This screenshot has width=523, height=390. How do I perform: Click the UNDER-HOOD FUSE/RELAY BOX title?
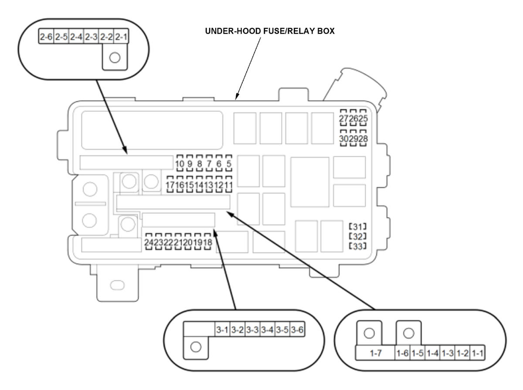pyautogui.click(x=269, y=31)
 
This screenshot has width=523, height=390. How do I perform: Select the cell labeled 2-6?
pyautogui.click(x=46, y=37)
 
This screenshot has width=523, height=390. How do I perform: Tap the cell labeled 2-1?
pyautogui.click(x=121, y=37)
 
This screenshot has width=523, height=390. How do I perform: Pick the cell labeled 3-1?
pyautogui.click(x=222, y=329)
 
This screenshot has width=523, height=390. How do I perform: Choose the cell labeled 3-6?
pyautogui.click(x=297, y=329)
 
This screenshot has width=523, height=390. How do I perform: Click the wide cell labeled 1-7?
pyautogui.click(x=375, y=353)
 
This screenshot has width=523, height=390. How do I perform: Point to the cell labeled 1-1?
pyautogui.click(x=478, y=353)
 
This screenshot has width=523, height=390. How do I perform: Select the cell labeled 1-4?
pyautogui.click(x=432, y=353)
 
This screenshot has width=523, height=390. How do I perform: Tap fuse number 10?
pyautogui.click(x=180, y=164)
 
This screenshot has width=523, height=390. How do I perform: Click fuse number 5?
pyautogui.click(x=229, y=164)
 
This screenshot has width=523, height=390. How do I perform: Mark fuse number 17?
pyautogui.click(x=170, y=185)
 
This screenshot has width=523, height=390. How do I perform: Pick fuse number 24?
pyautogui.click(x=149, y=242)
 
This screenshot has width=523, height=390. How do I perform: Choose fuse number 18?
pyautogui.click(x=207, y=242)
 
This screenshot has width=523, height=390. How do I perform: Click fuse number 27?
pyautogui.click(x=343, y=118)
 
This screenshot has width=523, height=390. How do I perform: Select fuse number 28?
pyautogui.click(x=363, y=138)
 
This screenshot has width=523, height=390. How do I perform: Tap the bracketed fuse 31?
pyautogui.click(x=358, y=227)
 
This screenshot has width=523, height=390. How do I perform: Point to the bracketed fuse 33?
pyautogui.click(x=358, y=246)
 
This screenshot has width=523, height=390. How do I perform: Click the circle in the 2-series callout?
pyautogui.click(x=115, y=57)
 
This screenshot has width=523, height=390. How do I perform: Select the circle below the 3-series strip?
pyautogui.click(x=196, y=347)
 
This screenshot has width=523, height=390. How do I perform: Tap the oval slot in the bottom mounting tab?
pyautogui.click(x=117, y=285)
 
